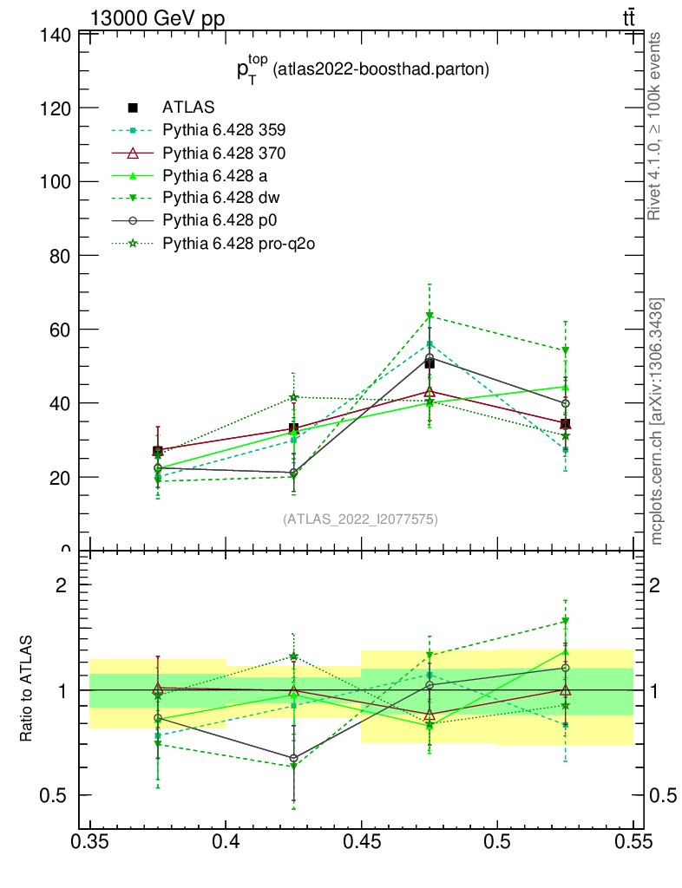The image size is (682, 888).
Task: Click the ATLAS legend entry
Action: point(188,108)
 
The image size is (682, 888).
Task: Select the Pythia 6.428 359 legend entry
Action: point(224,130)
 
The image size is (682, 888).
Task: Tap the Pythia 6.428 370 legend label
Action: point(224,153)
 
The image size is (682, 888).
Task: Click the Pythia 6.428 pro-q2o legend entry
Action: point(237,243)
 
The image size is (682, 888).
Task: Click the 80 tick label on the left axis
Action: point(58,256)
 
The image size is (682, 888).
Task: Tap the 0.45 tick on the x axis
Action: point(361,842)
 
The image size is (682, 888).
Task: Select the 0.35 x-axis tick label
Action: point(90,842)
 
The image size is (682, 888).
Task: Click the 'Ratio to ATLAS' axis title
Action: point(27,689)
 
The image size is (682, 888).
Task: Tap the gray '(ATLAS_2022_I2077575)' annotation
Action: point(360,519)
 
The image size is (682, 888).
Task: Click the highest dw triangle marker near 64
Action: point(430,316)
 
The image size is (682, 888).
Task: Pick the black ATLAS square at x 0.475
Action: point(430,363)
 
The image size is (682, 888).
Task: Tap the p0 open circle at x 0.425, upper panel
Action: point(293,473)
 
